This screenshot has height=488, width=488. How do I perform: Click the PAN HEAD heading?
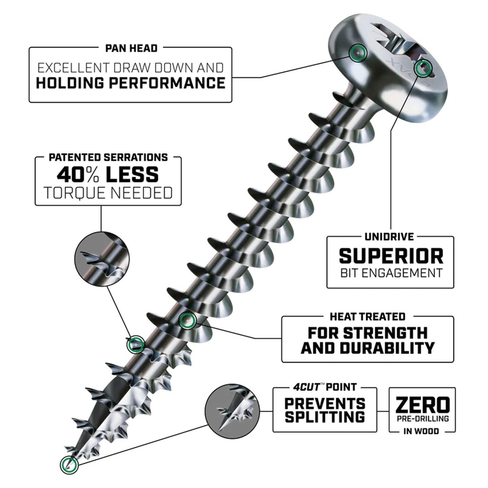[131, 48]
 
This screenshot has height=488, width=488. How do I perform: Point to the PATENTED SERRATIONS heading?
[108, 157]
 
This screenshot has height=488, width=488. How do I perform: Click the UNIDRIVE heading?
[389, 236]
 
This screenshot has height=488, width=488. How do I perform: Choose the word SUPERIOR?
[391, 256]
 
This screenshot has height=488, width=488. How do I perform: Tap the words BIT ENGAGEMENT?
[391, 273]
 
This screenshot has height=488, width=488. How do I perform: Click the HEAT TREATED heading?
[367, 317]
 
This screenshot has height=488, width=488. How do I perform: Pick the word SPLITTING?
[325, 417]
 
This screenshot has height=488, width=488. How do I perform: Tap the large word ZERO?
[422, 405]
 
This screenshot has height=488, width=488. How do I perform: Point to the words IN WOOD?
[421, 431]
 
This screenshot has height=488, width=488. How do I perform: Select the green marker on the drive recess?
[423, 69]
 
